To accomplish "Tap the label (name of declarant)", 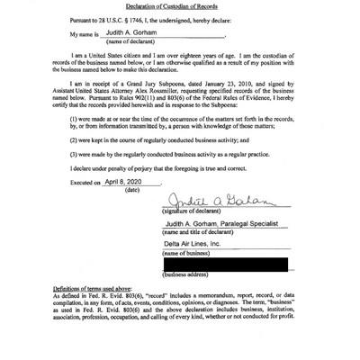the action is [x=131, y=41].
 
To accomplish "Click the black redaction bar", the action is [x=226, y=264].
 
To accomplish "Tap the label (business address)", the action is [x=186, y=274].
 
